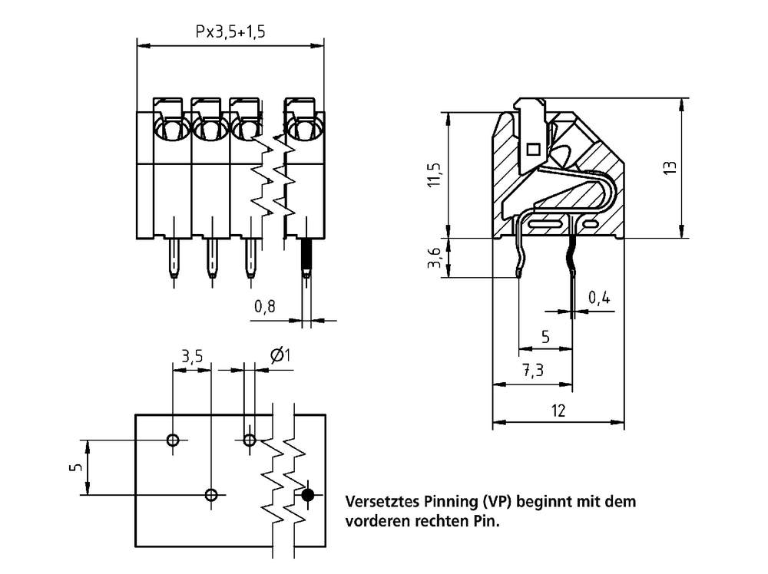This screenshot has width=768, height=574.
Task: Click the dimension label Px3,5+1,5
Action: click(x=230, y=31)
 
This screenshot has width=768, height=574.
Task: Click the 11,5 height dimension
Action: click(x=435, y=175)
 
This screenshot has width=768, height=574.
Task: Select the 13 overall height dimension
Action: click(x=670, y=167)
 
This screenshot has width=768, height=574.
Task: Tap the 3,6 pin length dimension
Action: click(x=435, y=258)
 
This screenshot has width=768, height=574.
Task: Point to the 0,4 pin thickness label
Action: click(x=599, y=297)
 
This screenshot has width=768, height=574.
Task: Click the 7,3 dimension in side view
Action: click(x=533, y=371)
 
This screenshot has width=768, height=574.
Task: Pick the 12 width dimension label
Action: click(x=558, y=411)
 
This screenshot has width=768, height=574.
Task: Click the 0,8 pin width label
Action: click(x=264, y=307)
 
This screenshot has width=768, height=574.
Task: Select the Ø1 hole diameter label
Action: click(x=280, y=355)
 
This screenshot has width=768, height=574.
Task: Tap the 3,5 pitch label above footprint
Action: click(x=192, y=356)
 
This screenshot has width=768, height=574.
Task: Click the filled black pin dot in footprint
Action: click(x=308, y=495)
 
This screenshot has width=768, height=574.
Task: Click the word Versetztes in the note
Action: click(x=382, y=502)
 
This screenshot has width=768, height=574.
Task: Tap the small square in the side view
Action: click(x=533, y=149)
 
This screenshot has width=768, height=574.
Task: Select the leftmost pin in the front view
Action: click(x=174, y=258)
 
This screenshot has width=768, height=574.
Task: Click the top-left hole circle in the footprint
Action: click(x=173, y=440)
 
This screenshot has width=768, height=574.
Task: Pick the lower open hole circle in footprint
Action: click(x=211, y=495)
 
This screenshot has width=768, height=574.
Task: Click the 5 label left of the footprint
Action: click(x=76, y=467)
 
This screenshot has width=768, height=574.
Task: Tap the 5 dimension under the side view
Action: click(x=545, y=337)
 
